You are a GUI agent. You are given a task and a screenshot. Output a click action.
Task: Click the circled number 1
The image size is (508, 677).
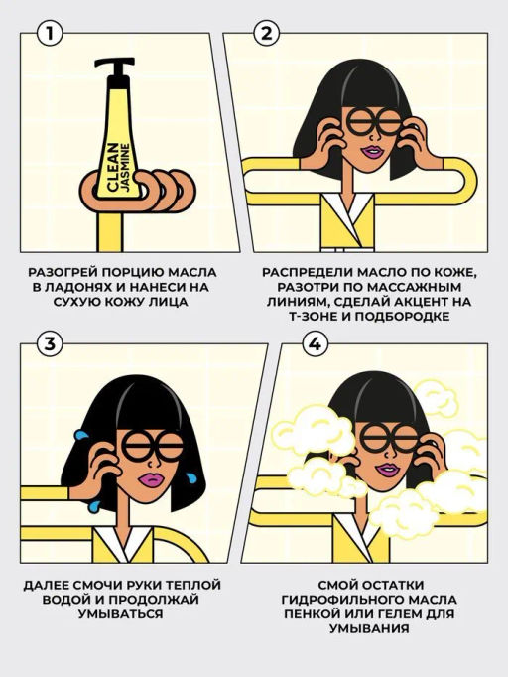coord(50,33)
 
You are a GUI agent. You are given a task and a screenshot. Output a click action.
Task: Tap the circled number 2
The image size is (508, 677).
coord(267,33)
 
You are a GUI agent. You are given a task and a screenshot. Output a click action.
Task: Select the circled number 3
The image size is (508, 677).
coord(50,344)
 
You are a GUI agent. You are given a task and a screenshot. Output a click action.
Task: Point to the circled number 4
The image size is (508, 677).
coord(316,344)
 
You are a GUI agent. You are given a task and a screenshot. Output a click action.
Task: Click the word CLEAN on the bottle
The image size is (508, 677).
coord(112,167)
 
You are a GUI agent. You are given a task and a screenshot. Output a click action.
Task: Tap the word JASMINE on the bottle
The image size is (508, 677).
coord(126,170)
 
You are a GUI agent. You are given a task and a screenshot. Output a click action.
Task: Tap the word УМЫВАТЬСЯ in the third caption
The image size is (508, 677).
coord(121,613)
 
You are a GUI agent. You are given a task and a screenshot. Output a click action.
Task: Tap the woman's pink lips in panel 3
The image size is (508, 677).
coord(151,479)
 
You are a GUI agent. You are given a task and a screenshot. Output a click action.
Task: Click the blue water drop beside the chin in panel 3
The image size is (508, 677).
coord(190,477)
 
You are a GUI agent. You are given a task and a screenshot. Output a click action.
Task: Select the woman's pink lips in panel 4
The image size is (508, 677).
coord(387,471)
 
